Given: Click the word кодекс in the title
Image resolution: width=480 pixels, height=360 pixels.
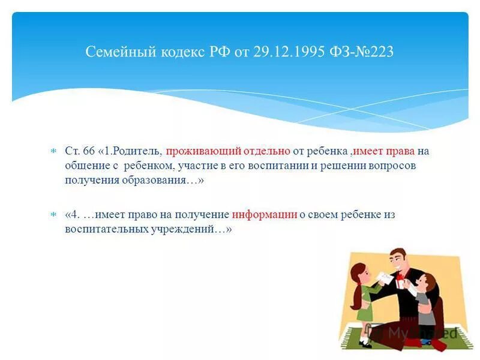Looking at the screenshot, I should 178,52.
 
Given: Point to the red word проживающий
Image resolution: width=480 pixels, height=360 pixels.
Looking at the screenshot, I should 197,151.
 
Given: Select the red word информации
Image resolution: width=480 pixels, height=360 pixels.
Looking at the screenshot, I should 265,214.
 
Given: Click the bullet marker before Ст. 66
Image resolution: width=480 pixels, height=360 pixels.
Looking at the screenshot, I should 53,151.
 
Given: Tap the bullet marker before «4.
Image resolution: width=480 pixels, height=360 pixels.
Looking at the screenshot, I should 53,214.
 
